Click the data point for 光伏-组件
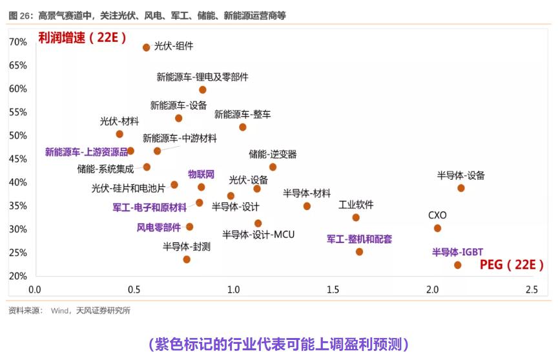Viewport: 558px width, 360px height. [x=147, y=47]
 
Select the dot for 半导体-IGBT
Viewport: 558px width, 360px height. [x=458, y=265]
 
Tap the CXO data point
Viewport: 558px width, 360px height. [x=437, y=228]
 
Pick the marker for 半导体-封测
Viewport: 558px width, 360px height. [x=187, y=259]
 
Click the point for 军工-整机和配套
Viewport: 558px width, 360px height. [x=359, y=251]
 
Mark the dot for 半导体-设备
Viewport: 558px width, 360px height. [x=461, y=188]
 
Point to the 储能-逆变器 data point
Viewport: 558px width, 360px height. [x=273, y=167]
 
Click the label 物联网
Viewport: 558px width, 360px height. [x=201, y=174]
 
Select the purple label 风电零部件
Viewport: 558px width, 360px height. [x=159, y=228]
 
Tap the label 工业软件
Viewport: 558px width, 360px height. [x=356, y=205]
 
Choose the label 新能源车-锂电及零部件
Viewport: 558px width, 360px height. [x=202, y=77]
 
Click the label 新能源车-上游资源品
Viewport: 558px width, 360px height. [x=86, y=153]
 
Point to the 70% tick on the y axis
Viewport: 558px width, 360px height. [x=18, y=42]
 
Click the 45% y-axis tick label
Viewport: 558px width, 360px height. [x=18, y=159]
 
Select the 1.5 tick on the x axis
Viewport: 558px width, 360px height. [x=332, y=290]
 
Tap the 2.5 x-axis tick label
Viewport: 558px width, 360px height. [x=531, y=290]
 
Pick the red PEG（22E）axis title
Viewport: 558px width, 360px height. [x=512, y=265]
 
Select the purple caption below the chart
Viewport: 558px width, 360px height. [x=278, y=344]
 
